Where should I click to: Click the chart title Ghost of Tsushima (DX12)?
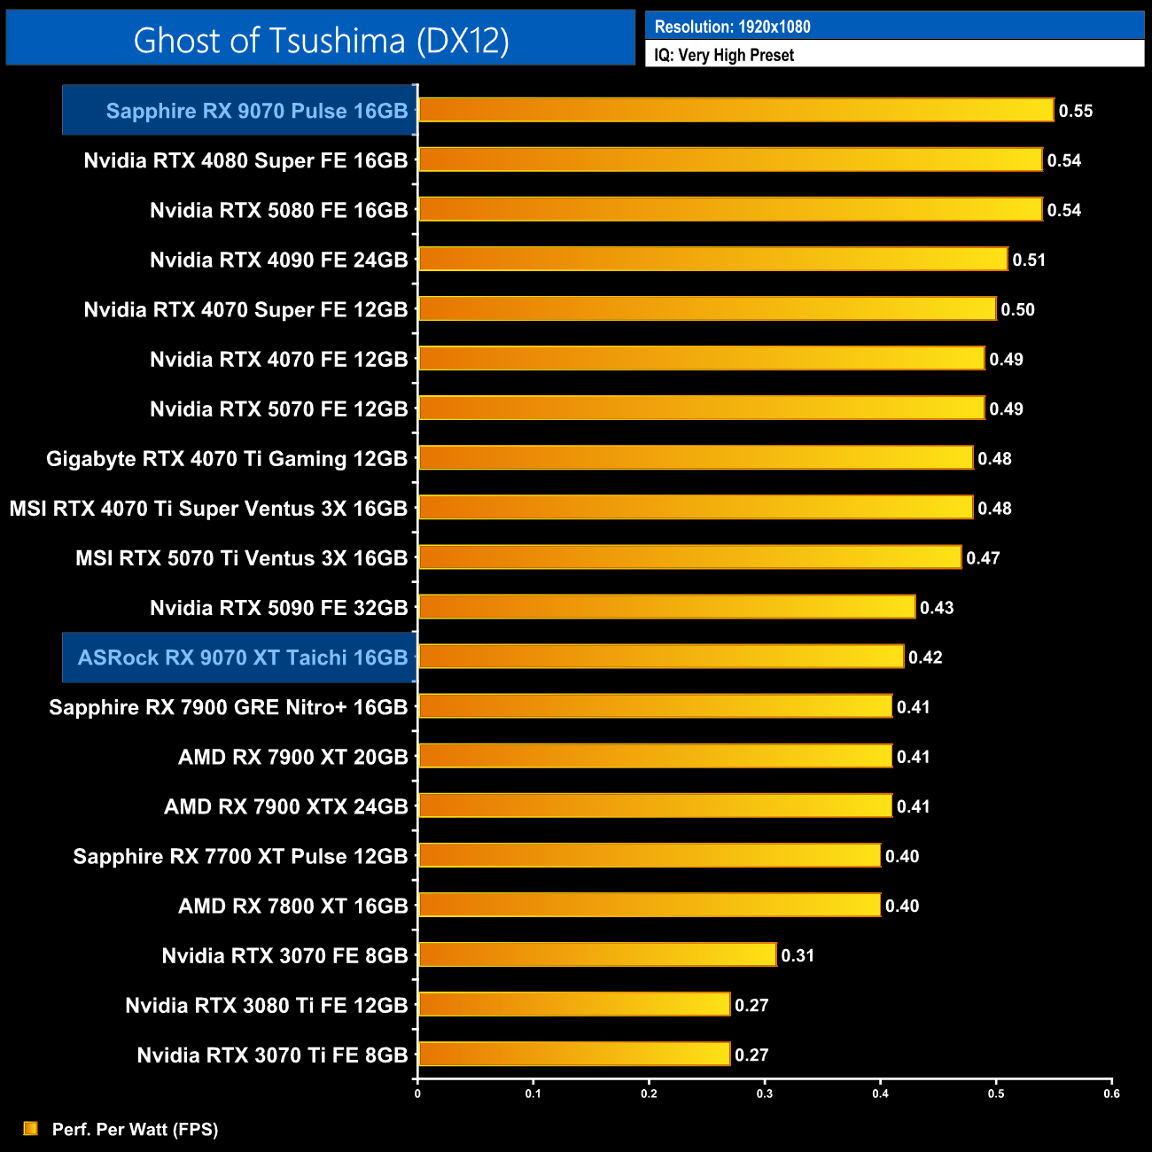(x=321, y=40)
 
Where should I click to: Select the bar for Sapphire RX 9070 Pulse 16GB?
(x=736, y=110)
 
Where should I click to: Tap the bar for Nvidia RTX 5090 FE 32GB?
(x=666, y=607)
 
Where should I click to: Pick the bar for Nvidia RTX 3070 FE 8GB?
(x=596, y=954)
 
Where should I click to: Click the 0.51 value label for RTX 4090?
(x=1029, y=260)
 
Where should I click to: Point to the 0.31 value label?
(x=798, y=955)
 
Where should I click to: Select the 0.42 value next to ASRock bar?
(x=925, y=658)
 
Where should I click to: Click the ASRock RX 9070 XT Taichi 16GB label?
(x=242, y=658)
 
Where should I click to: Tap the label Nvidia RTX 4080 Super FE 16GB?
(x=245, y=160)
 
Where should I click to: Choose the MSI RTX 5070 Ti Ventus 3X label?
(x=241, y=558)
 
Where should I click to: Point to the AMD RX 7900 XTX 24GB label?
(x=285, y=806)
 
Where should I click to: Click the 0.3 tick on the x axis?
(x=765, y=1094)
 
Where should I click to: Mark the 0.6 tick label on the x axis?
(x=1111, y=1094)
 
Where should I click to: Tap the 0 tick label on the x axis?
(x=417, y=1094)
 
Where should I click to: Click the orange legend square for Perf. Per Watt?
(x=31, y=1128)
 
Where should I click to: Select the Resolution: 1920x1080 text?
(x=732, y=27)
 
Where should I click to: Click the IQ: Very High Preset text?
(x=724, y=55)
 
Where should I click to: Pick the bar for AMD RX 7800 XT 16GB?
(x=649, y=905)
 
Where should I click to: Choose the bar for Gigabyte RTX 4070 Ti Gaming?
(x=695, y=458)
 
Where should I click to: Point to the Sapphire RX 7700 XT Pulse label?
(x=240, y=856)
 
